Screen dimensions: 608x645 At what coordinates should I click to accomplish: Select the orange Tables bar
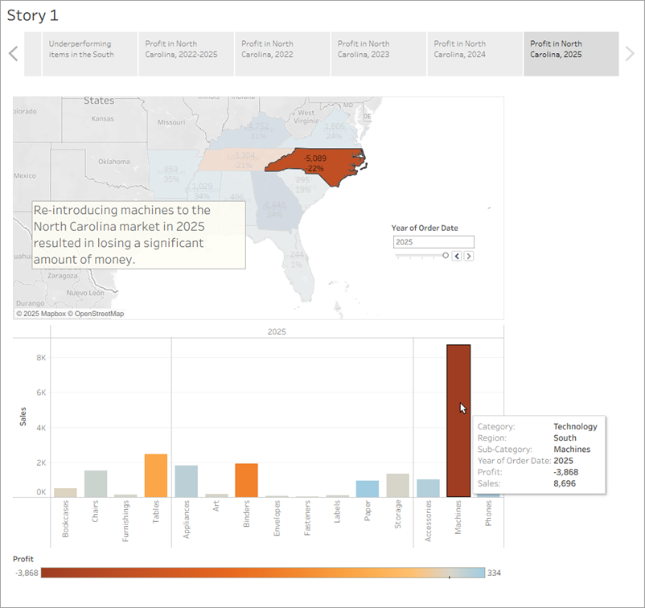[x=156, y=475]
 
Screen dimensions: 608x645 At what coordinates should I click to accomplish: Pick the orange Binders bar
[x=246, y=480]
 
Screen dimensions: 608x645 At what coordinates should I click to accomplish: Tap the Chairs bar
[x=96, y=483]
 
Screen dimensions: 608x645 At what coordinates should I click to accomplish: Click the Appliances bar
[x=186, y=481]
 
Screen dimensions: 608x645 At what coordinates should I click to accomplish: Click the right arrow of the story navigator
[x=630, y=54]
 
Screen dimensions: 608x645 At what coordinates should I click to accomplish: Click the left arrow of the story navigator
[x=13, y=54]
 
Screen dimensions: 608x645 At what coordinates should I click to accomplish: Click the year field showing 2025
[x=433, y=242]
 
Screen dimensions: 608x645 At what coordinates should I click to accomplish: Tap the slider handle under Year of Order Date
[x=446, y=255]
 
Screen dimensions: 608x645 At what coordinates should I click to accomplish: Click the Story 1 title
[x=32, y=14]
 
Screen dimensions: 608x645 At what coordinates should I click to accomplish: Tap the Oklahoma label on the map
[x=113, y=161]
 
